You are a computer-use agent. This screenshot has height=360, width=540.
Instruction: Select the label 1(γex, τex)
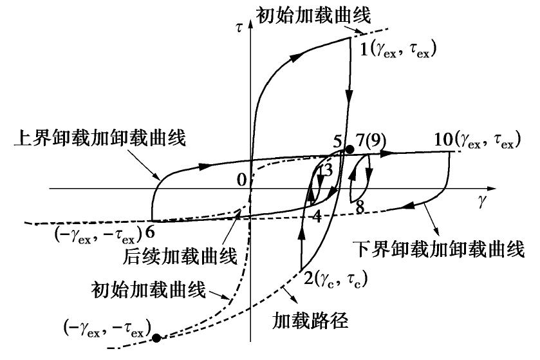397,48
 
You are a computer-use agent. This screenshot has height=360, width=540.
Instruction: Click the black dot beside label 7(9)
349,149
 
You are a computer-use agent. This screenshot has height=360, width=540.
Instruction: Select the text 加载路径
317,320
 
